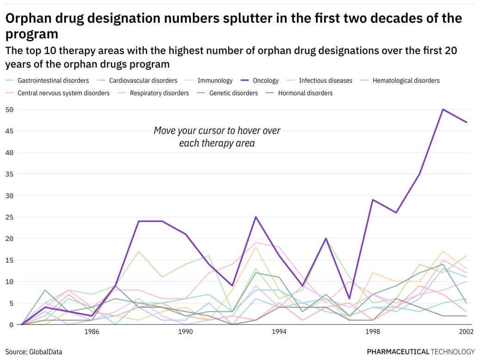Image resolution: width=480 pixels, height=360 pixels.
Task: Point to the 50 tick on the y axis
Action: point(9,110)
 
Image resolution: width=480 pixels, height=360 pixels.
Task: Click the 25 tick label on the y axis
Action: point(9,217)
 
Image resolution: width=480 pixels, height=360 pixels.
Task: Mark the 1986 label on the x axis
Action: point(92,332)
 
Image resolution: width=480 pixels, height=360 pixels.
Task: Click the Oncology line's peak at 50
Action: point(443,110)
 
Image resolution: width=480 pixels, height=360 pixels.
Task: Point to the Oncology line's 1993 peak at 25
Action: point(256,217)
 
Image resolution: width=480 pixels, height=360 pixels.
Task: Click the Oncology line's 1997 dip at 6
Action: point(350,298)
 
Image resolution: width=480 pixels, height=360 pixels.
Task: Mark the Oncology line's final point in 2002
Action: point(467,123)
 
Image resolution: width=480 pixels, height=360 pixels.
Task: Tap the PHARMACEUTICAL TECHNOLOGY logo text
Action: point(421,352)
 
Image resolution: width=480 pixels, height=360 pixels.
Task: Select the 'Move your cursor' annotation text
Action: point(217,137)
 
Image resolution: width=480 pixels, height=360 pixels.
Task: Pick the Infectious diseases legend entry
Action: point(325,81)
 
